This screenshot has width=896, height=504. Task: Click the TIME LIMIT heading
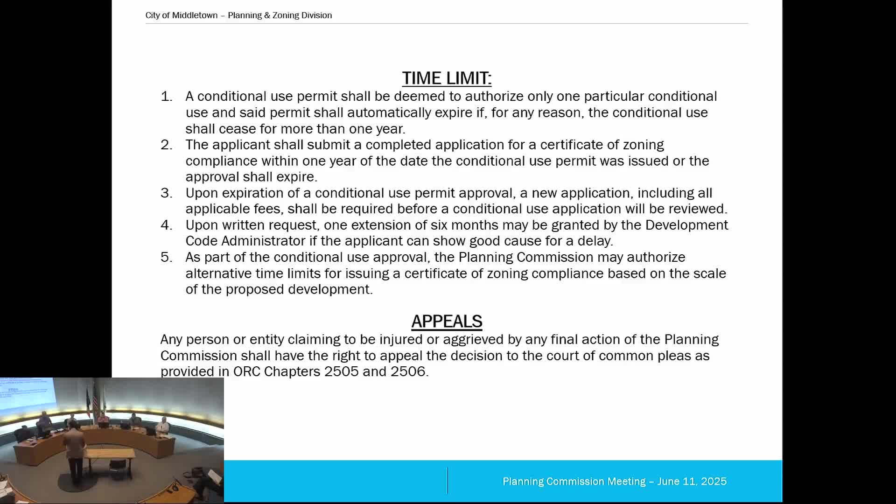point(447,78)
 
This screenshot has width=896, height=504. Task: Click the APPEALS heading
point(447,322)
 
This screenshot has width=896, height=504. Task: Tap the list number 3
point(166,193)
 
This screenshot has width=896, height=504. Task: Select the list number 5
point(166,257)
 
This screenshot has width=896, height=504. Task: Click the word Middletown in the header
point(195,15)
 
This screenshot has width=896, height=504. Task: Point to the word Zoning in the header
point(286,15)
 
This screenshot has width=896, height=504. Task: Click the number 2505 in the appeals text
point(341,371)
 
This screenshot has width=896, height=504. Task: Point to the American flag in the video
point(96,401)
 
